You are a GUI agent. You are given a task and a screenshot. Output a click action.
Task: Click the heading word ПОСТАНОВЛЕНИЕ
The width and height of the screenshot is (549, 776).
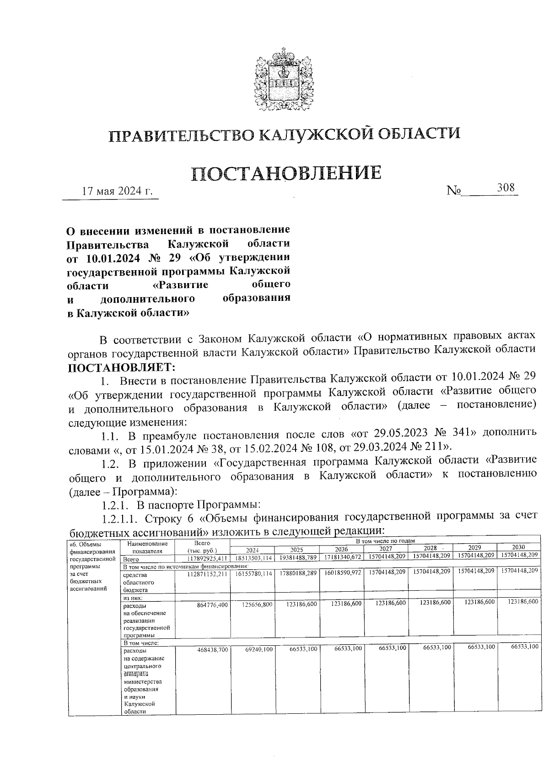click(x=286, y=173)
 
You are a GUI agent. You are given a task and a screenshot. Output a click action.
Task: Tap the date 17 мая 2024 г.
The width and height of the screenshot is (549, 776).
click(x=117, y=191)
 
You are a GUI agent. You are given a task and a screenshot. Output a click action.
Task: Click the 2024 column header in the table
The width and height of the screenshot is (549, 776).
click(x=253, y=550)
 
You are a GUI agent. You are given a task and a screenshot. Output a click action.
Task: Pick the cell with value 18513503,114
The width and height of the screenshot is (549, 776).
click(x=253, y=558)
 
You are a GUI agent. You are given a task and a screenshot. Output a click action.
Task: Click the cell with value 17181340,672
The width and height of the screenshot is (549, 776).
click(x=343, y=558)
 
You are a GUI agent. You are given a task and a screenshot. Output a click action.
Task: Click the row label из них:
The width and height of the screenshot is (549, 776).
click(x=132, y=598)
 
